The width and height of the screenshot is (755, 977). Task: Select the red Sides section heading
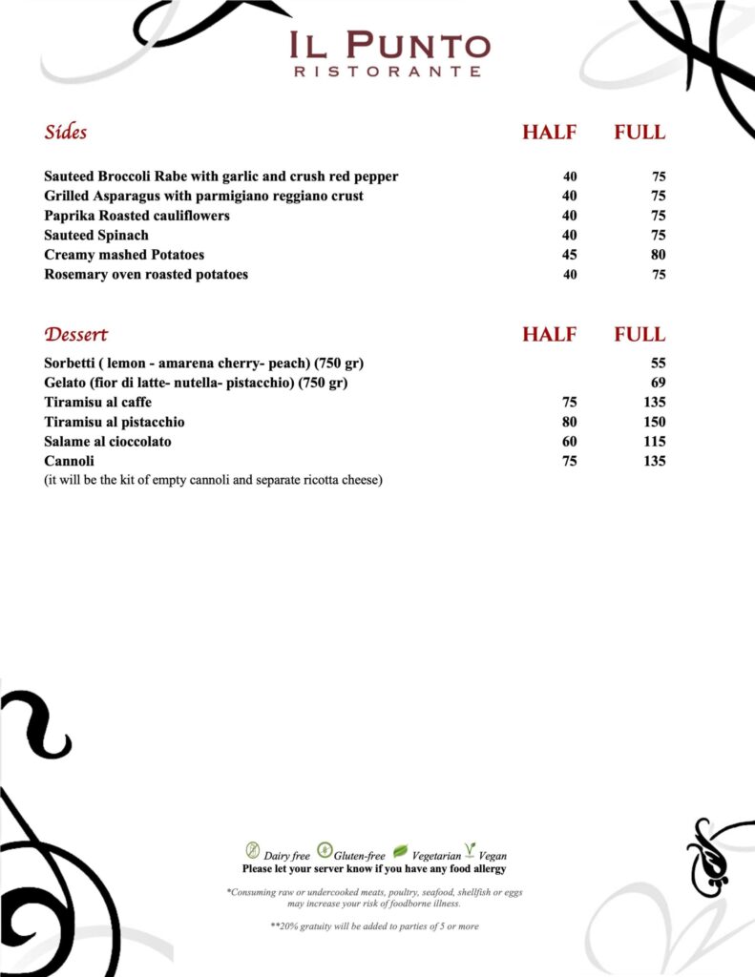(x=65, y=133)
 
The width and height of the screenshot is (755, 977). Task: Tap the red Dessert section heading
(x=75, y=335)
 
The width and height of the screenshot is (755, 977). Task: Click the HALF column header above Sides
(x=549, y=134)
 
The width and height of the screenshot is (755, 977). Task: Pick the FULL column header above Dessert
(x=639, y=335)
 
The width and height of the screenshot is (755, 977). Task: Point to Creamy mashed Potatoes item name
(x=124, y=255)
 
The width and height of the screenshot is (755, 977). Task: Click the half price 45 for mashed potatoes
(x=569, y=255)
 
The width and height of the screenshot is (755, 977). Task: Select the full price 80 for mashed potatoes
(x=658, y=255)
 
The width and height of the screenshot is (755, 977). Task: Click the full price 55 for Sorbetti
(x=658, y=364)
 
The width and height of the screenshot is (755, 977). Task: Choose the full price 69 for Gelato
(x=658, y=383)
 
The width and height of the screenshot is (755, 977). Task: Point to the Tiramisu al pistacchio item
(x=115, y=422)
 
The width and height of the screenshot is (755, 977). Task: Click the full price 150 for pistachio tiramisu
(x=654, y=422)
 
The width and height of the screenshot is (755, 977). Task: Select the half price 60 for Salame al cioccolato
(x=569, y=442)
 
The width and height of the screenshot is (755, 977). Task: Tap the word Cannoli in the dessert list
(x=69, y=461)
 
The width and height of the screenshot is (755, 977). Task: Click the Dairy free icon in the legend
(x=253, y=849)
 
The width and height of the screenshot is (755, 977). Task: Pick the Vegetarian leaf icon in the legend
(x=400, y=850)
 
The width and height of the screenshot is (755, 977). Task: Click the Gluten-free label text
(x=360, y=856)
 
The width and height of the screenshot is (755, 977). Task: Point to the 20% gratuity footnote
(x=374, y=926)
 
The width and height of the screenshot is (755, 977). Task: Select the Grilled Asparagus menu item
(x=203, y=197)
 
